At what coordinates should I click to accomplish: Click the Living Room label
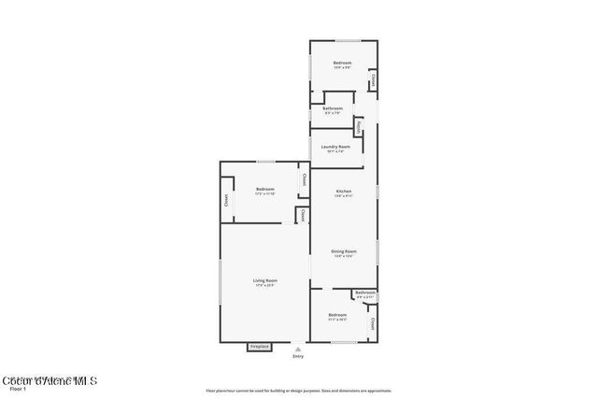(265, 280)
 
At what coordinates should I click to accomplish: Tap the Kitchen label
(344, 192)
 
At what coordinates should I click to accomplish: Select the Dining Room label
(344, 251)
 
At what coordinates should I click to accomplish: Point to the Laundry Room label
(335, 147)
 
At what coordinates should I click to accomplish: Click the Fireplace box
(259, 347)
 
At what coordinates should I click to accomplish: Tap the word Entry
(298, 356)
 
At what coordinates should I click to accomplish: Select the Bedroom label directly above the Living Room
(265, 190)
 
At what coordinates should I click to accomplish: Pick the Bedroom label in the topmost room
(342, 63)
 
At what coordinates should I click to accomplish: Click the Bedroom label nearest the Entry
(337, 315)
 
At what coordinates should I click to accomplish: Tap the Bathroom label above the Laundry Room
(333, 108)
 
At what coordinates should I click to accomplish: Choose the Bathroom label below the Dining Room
(365, 293)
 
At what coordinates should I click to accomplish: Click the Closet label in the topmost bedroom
(373, 82)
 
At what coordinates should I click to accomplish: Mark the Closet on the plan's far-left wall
(226, 200)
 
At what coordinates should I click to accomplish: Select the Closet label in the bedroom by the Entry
(372, 324)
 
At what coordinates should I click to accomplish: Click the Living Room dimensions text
(265, 285)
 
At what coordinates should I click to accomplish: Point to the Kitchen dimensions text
(344, 196)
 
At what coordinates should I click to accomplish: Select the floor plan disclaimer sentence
(298, 391)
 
